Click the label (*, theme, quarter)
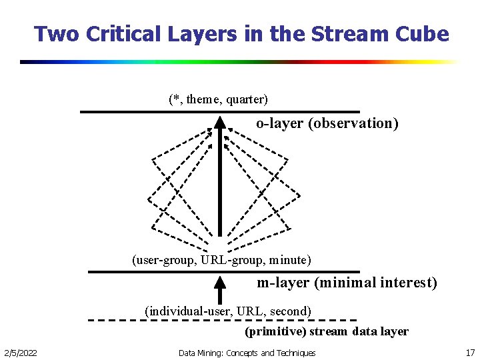(218, 99)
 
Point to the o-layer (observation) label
(327, 123)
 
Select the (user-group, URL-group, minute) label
(221, 259)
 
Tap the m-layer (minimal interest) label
(347, 283)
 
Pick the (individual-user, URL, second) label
(228, 311)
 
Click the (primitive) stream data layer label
(326, 331)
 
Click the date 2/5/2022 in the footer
(21, 353)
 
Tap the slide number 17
(470, 353)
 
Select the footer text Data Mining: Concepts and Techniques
(247, 353)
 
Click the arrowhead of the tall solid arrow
(220, 123)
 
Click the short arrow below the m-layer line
(220, 291)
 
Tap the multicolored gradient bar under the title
(240, 62)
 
